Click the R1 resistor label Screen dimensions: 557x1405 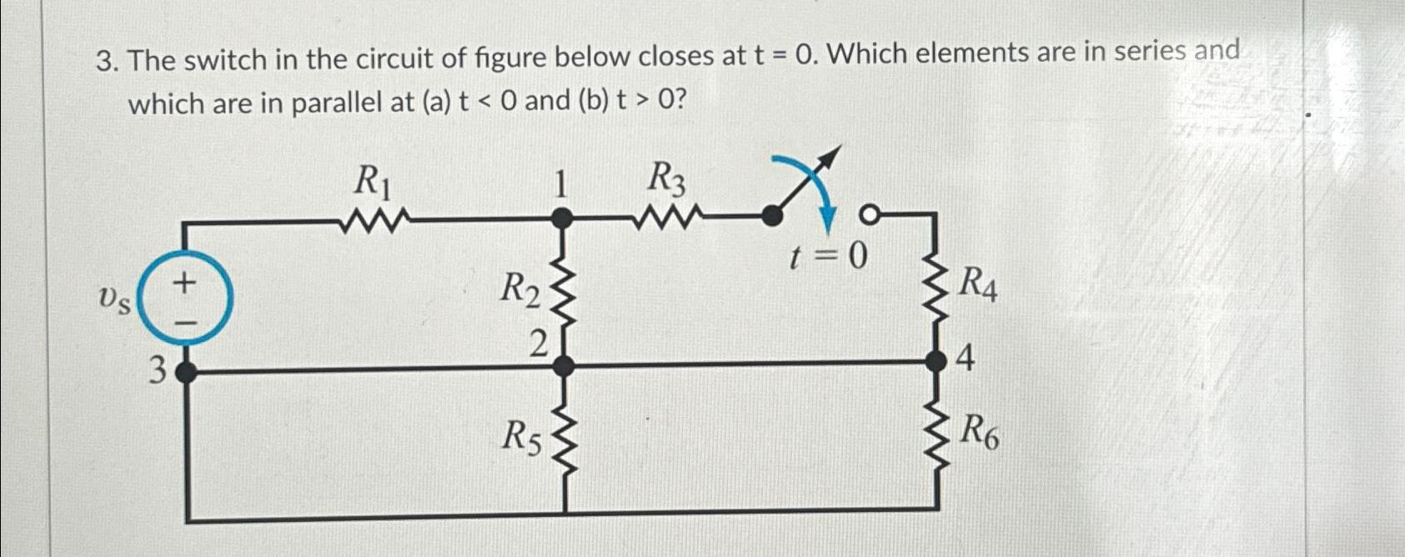point(372,181)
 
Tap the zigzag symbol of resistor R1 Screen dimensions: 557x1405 point(374,222)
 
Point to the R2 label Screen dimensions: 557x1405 point(520,290)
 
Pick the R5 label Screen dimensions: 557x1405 point(521,436)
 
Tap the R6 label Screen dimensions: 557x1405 point(979,432)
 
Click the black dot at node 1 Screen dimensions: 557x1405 point(564,219)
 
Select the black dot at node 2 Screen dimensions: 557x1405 point(565,365)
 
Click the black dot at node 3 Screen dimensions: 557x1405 point(186,371)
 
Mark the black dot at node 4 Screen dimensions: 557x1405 point(938,361)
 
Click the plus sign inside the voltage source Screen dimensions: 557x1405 point(184,283)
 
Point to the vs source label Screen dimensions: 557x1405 point(114,299)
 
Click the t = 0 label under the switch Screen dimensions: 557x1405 point(829,258)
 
